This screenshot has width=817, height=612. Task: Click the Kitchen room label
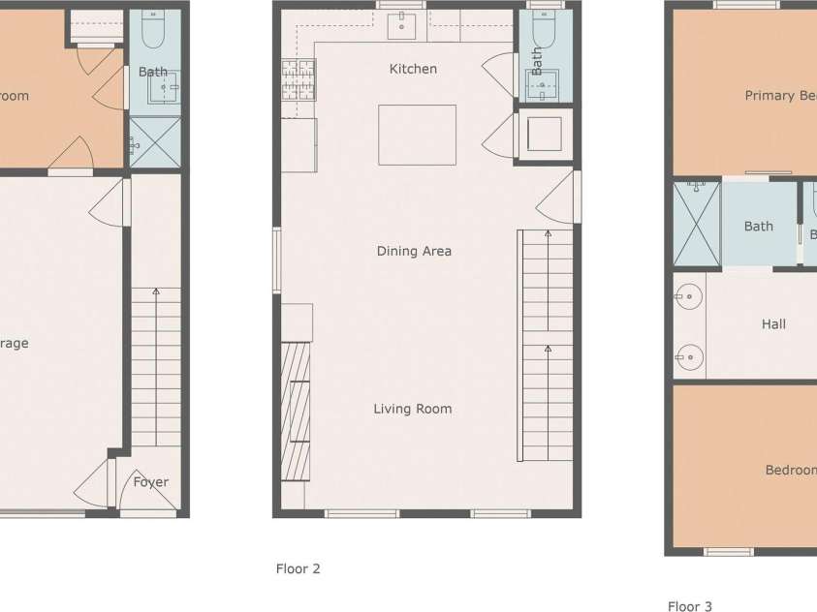(x=413, y=69)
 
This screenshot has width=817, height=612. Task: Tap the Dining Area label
(x=414, y=251)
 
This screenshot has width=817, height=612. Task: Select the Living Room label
(x=413, y=409)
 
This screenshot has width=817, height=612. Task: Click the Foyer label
(x=150, y=481)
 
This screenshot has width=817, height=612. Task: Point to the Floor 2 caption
(x=298, y=568)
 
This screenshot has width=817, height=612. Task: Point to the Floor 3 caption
(x=689, y=606)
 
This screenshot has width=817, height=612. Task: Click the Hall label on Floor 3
(x=773, y=324)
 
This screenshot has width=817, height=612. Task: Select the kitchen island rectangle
(x=417, y=135)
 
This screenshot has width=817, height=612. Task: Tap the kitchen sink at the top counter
(x=402, y=27)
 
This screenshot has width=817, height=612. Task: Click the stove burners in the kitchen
(x=298, y=80)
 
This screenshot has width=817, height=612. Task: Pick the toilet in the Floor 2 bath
(x=542, y=34)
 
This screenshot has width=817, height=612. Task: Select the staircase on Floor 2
(x=547, y=345)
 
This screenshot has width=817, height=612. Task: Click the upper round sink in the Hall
(x=689, y=294)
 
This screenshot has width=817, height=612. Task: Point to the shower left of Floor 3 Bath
(x=697, y=224)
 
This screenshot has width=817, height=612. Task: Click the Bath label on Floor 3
(x=759, y=226)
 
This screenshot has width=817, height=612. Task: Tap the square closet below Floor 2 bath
(x=545, y=135)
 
